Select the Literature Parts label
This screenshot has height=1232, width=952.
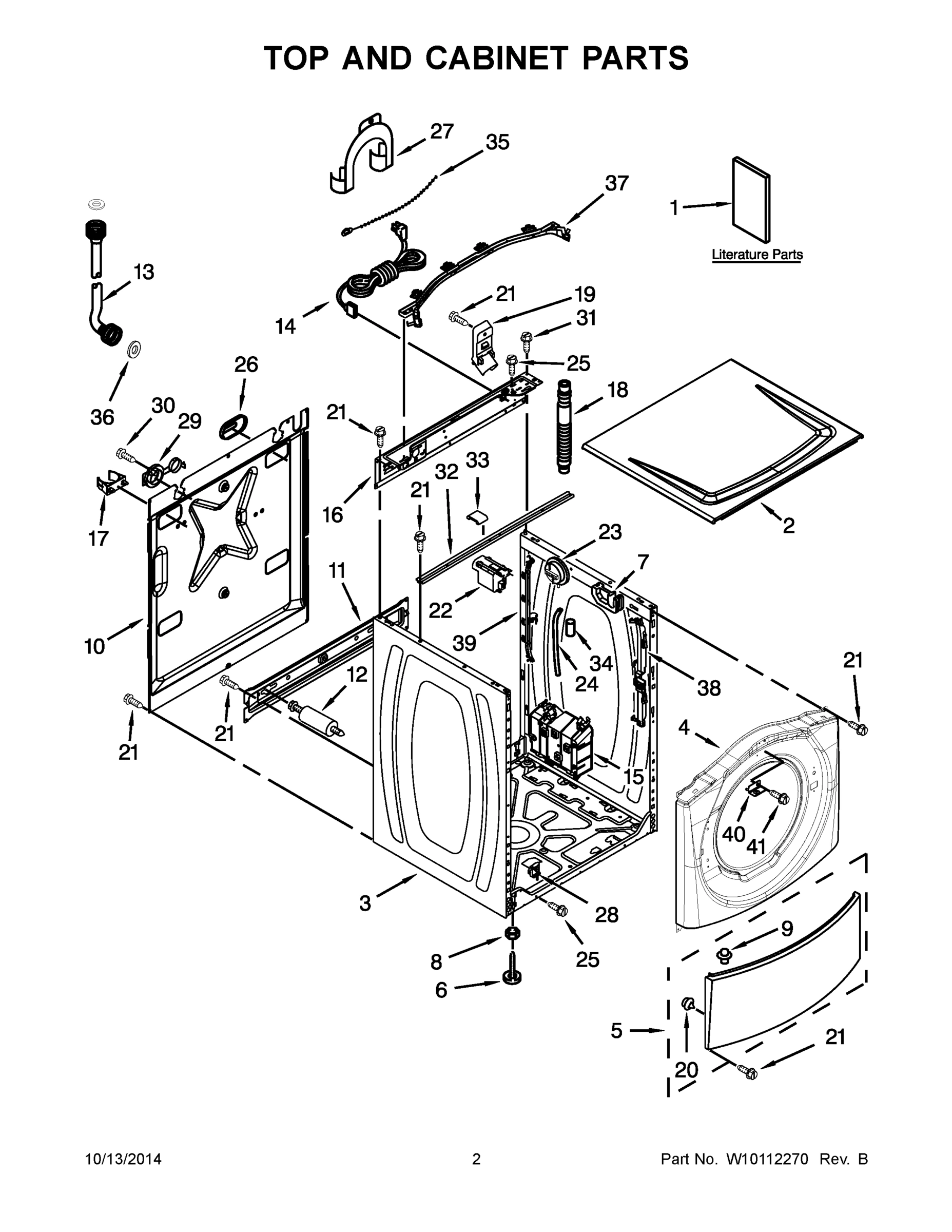tap(757, 255)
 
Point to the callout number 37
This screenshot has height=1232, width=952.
tap(616, 183)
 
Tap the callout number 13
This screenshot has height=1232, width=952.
tap(144, 272)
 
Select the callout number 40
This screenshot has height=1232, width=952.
tap(734, 833)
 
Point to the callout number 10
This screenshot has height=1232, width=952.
tap(95, 646)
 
